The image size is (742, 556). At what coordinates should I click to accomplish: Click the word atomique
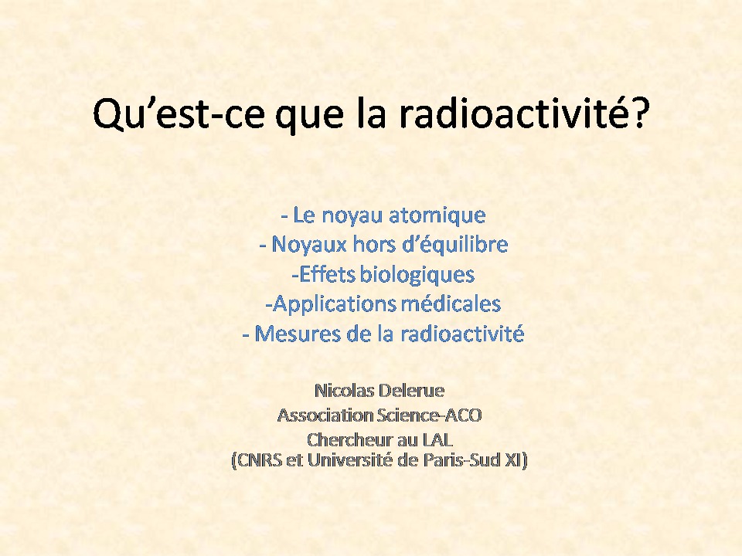coord(437,216)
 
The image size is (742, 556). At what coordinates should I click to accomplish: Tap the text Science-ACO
coord(429,415)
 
